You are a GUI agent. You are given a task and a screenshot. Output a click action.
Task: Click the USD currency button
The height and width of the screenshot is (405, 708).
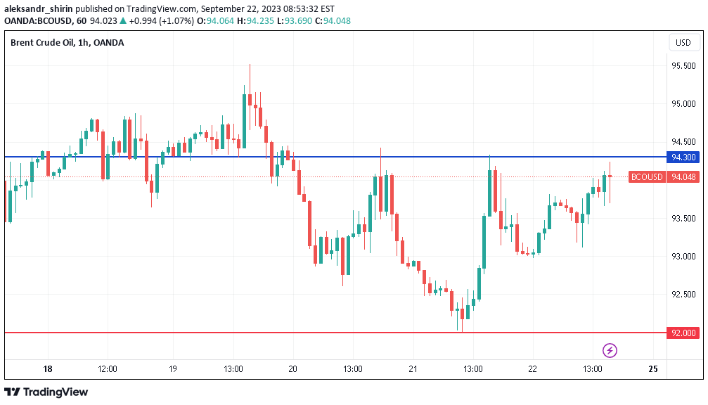point(683,43)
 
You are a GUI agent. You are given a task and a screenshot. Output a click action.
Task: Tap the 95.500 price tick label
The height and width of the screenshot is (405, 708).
point(683,66)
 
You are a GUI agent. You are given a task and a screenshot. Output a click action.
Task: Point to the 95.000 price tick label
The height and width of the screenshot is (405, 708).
point(683,104)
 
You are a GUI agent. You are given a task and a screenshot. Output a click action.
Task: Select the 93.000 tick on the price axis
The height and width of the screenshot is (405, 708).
point(683,257)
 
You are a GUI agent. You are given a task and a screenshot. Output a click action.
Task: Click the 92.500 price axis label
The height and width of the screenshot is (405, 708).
point(683,295)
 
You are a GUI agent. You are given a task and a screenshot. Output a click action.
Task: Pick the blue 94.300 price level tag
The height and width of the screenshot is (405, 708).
point(684,157)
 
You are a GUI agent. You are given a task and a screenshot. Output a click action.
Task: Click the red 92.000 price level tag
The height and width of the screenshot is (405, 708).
point(684,333)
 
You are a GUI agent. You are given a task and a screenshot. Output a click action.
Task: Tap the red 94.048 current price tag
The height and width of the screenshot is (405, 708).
point(684,177)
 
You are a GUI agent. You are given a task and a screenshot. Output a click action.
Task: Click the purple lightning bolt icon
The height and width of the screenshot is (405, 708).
point(610,350)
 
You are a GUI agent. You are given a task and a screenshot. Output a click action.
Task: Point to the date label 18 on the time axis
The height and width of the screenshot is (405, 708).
point(48,369)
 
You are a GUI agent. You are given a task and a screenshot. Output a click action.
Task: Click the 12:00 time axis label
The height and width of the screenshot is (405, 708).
point(108,369)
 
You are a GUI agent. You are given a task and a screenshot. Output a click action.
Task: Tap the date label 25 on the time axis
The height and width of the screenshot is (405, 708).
point(652,369)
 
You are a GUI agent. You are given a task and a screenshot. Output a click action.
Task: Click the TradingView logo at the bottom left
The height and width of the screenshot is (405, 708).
point(46,392)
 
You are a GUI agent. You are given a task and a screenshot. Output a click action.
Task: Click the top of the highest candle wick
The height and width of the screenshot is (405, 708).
point(250,65)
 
